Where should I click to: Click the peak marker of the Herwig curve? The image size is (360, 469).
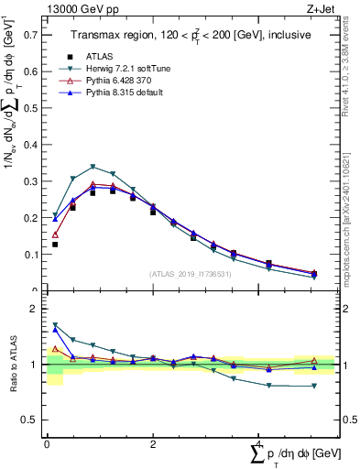[93, 167]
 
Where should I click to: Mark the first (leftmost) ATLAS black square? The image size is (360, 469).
[55, 245]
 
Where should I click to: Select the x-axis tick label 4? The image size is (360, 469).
[259, 443]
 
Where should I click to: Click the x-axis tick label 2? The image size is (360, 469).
[152, 443]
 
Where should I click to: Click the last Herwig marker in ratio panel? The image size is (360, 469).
[313, 386]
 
